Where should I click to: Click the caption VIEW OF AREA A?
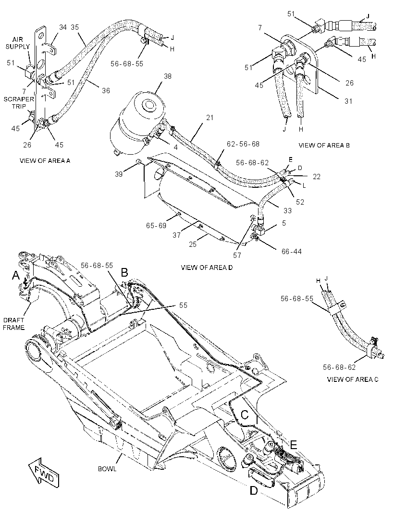pos(45,160)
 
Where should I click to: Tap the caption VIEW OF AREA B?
pos(324,146)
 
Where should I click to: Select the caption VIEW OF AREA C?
pos(353,379)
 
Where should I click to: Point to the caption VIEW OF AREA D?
pos(207,268)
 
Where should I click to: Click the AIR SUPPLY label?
pos(18,43)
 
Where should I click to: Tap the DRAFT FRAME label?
pos(14,324)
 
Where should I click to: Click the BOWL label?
pos(107,469)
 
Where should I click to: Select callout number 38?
pos(168,76)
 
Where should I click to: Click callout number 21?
pos(209,118)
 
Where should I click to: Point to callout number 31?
pos(348,101)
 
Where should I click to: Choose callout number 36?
pos(106,90)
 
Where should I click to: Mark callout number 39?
pos(119,174)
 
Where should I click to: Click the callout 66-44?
pos(292,251)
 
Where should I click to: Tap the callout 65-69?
pos(156,226)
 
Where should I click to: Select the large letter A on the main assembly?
pos(16,276)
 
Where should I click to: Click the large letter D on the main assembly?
pos(254,490)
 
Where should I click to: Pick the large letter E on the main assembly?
pos(294,444)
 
